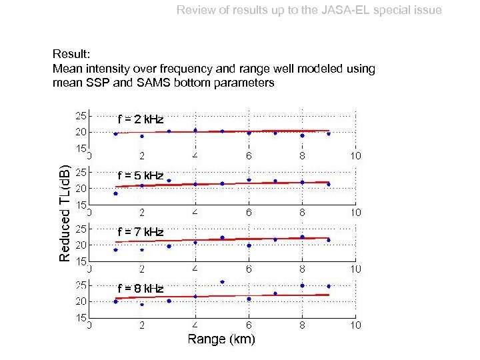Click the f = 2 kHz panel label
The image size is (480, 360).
pos(140,119)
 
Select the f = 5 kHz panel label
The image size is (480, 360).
pos(140,175)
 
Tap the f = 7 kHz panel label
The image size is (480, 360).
pos(140,232)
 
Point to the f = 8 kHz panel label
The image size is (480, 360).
pos(140,289)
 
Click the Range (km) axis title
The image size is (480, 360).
pos(221,339)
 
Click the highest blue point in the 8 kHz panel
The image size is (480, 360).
pos(222,281)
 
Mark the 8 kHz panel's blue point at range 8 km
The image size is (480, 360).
pos(302,285)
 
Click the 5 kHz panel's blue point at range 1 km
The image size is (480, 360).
pos(115,193)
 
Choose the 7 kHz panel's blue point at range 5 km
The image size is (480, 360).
pos(222,237)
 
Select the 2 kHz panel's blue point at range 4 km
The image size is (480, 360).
pos(195,130)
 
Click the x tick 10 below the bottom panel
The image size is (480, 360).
pos(355,325)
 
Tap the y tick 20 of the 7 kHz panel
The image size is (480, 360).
pos(79,245)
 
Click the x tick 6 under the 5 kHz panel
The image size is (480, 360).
pos(249,213)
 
